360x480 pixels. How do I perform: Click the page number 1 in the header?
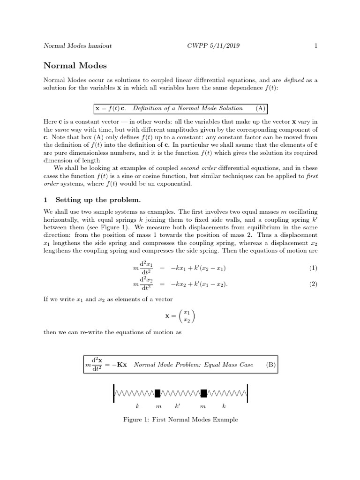click(316, 46)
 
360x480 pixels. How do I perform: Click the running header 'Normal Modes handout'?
click(77, 46)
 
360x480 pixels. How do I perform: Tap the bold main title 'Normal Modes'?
click(75, 66)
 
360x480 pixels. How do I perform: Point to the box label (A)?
click(260, 108)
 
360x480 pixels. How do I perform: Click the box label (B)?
click(270, 364)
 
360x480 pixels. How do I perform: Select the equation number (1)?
click(313, 268)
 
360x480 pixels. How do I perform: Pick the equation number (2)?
click(313, 284)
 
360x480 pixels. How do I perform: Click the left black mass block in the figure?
click(158, 393)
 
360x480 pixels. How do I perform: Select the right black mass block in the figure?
click(204, 393)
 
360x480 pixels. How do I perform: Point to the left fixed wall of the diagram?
click(114, 393)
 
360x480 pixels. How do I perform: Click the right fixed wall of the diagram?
click(247, 393)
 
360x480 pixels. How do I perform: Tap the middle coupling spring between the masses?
click(181, 393)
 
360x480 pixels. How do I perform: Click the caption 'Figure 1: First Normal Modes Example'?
click(180, 420)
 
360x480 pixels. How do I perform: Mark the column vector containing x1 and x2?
click(186, 316)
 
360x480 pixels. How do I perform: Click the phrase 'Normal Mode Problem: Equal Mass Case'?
click(193, 364)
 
